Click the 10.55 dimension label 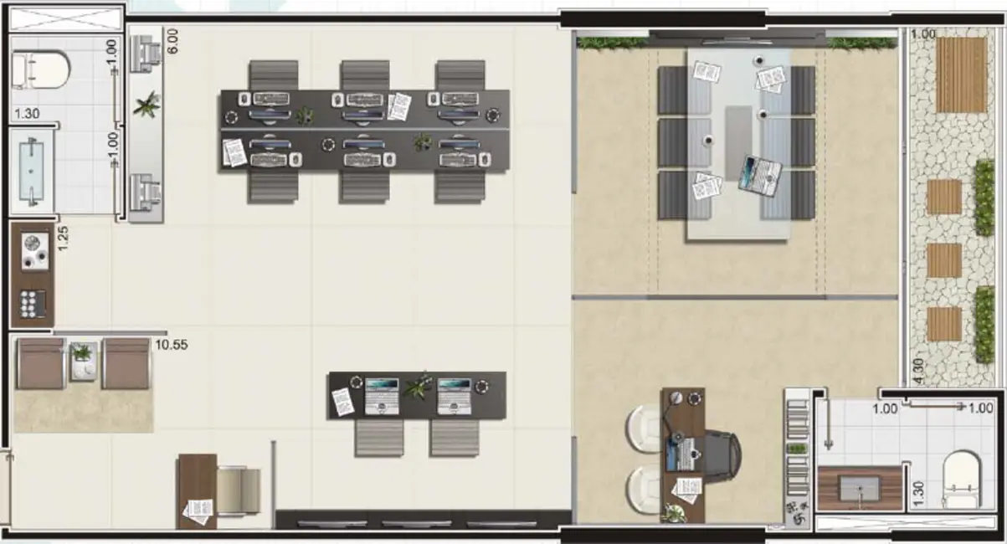(172, 345)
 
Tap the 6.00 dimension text (172, 41)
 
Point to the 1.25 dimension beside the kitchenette (63, 239)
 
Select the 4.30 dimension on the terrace (919, 372)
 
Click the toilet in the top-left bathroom (40, 70)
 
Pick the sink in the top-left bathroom (32, 172)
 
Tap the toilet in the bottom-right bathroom (962, 480)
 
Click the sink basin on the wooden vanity (860, 489)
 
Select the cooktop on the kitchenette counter (34, 251)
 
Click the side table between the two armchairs (83, 362)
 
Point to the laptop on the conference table (760, 175)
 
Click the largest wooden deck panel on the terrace (961, 74)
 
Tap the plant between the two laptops (418, 386)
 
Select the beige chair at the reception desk (239, 490)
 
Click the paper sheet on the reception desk (198, 511)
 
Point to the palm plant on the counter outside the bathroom (147, 105)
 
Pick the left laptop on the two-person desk (382, 396)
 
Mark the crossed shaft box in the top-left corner (66, 19)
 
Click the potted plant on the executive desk (675, 513)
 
